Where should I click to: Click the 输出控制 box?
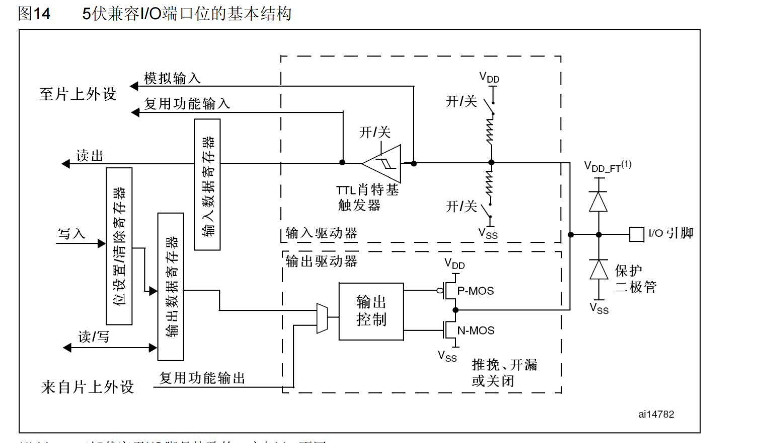[371, 311]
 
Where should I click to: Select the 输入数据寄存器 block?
[207, 184]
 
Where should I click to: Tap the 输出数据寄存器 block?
[171, 286]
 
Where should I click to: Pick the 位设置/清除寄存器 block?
[119, 246]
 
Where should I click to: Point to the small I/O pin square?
[637, 234]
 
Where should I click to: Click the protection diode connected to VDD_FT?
[598, 202]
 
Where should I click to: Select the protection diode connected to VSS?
[598, 270]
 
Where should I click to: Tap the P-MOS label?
[475, 291]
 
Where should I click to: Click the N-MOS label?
[476, 331]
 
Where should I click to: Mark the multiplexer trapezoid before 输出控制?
[322, 318]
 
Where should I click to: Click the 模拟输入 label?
[172, 78]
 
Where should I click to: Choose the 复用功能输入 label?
[187, 104]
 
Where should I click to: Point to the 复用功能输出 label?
[202, 378]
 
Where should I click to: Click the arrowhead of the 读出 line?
[65, 164]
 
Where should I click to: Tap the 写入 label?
[71, 234]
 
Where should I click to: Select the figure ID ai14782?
[656, 414]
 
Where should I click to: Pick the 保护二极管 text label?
[635, 279]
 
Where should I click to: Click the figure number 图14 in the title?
[34, 14]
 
